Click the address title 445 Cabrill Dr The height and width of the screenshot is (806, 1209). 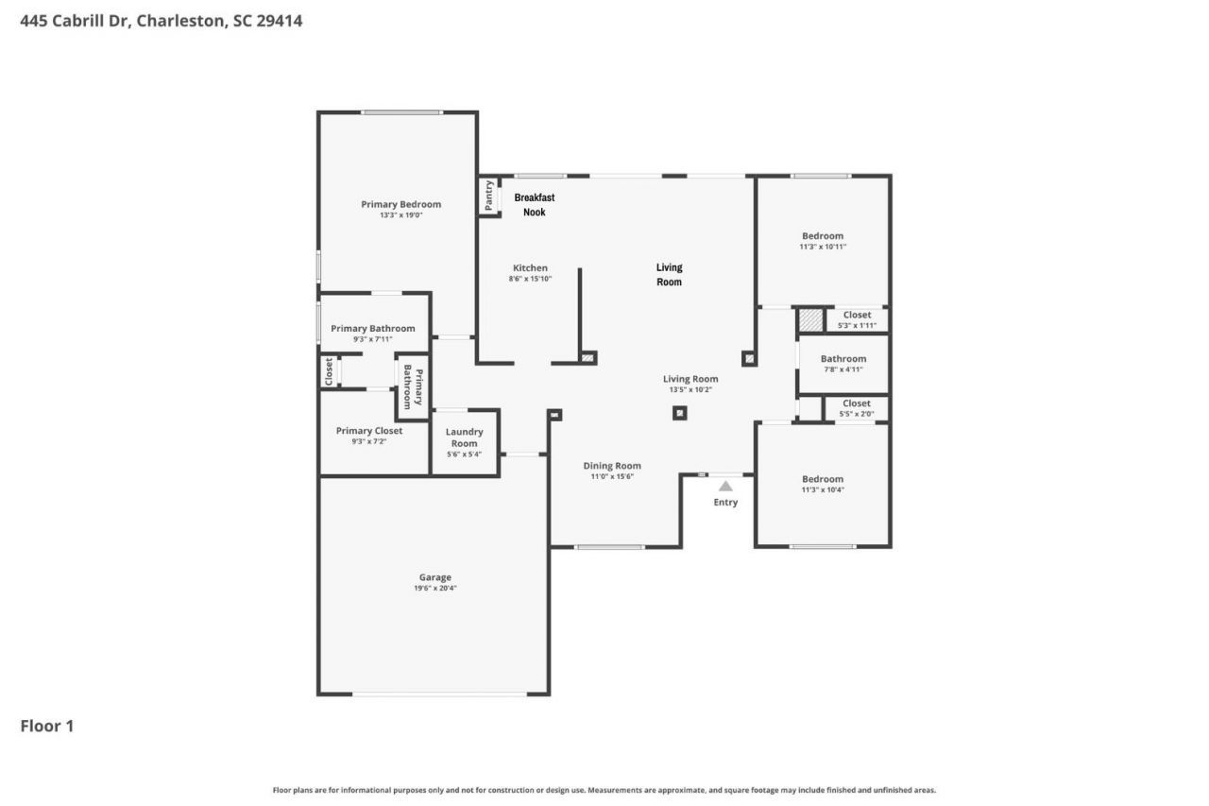[x=161, y=20]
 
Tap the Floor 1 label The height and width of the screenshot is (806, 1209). [x=47, y=726]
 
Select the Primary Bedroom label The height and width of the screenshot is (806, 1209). [x=400, y=204]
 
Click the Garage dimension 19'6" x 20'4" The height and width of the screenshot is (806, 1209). [x=434, y=589]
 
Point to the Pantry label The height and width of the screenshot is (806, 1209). [x=488, y=196]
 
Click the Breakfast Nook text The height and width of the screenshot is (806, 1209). [x=535, y=205]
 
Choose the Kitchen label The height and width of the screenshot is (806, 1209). [x=530, y=267]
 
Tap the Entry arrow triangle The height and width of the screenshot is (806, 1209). [x=725, y=486]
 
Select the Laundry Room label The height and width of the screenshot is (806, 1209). [x=464, y=437]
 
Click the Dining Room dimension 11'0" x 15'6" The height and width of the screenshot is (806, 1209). [x=612, y=476]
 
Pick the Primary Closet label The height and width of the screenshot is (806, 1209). [x=369, y=431]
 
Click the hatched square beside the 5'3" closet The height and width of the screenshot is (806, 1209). [x=810, y=319]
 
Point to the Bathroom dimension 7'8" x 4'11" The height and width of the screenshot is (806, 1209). [x=843, y=369]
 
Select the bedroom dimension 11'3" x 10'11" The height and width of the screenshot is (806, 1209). [x=823, y=247]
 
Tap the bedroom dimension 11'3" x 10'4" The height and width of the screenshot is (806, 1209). [x=822, y=489]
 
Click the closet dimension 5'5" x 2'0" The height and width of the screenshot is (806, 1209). [x=857, y=414]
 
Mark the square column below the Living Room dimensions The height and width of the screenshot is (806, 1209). [x=679, y=412]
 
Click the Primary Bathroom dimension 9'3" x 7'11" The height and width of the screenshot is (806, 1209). [x=372, y=339]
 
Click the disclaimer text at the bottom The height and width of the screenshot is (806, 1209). [x=604, y=790]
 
